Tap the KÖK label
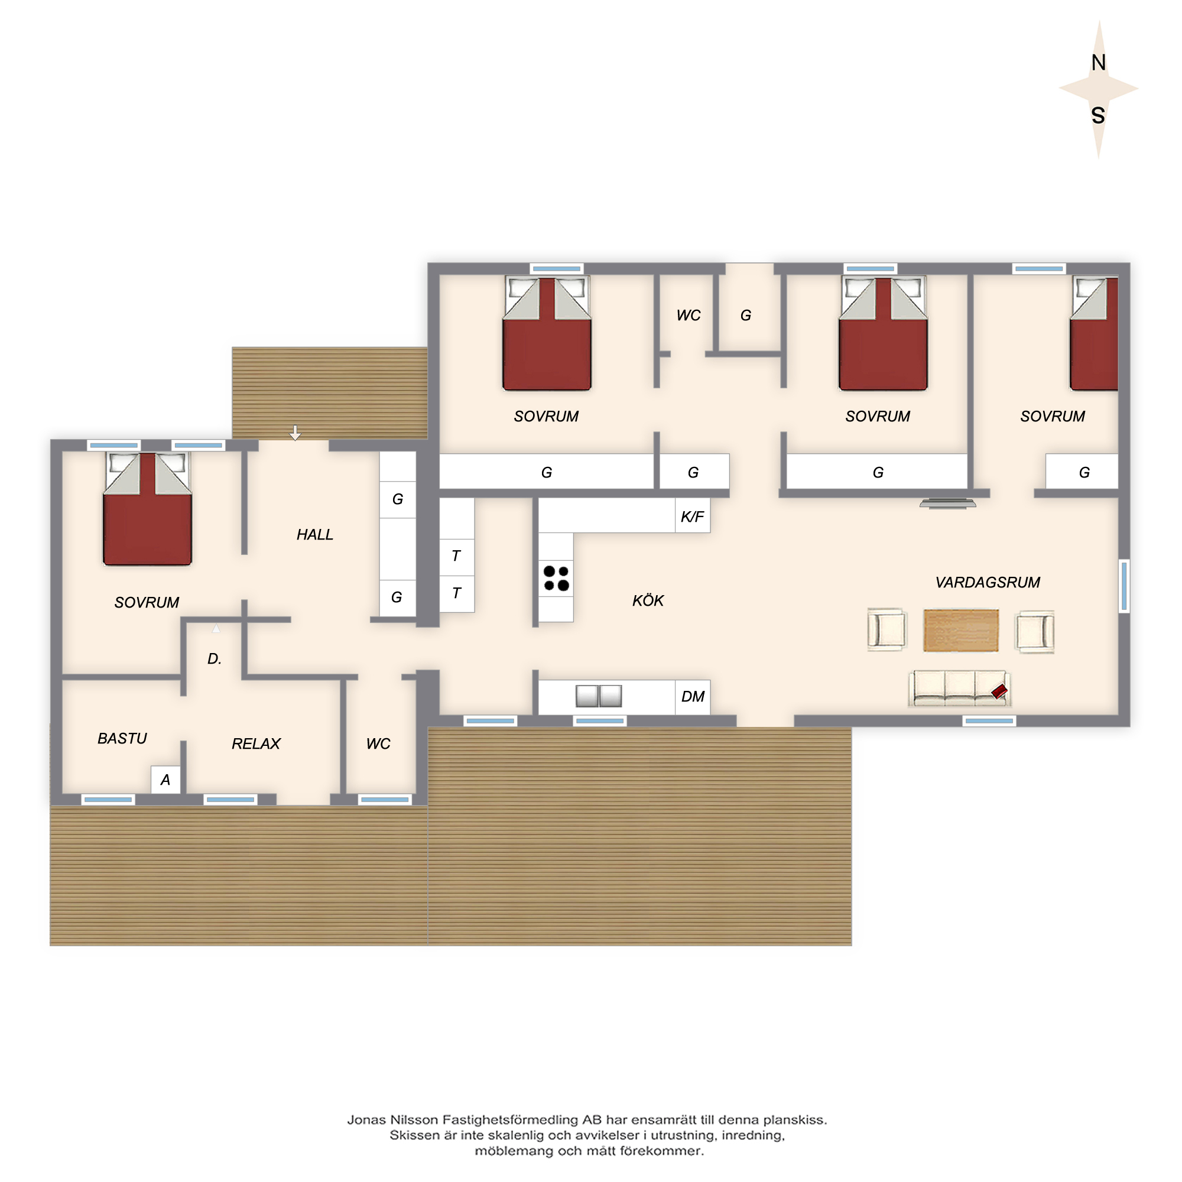coord(648,600)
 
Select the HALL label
coord(315,535)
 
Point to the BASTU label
coord(122,738)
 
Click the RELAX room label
coord(256,743)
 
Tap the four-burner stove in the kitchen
coord(556,578)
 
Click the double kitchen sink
coord(599,696)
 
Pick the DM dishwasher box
coord(693,697)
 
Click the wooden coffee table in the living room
coord(960,630)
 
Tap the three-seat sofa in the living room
coord(959,689)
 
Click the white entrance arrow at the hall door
coord(295,433)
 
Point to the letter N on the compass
coord(1098,63)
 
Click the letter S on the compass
coord(1098,115)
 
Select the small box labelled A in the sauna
coord(165,780)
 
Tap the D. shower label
coord(214,659)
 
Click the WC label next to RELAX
coord(378,743)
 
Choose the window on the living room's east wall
coord(1124,586)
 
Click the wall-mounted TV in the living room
coord(948,504)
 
